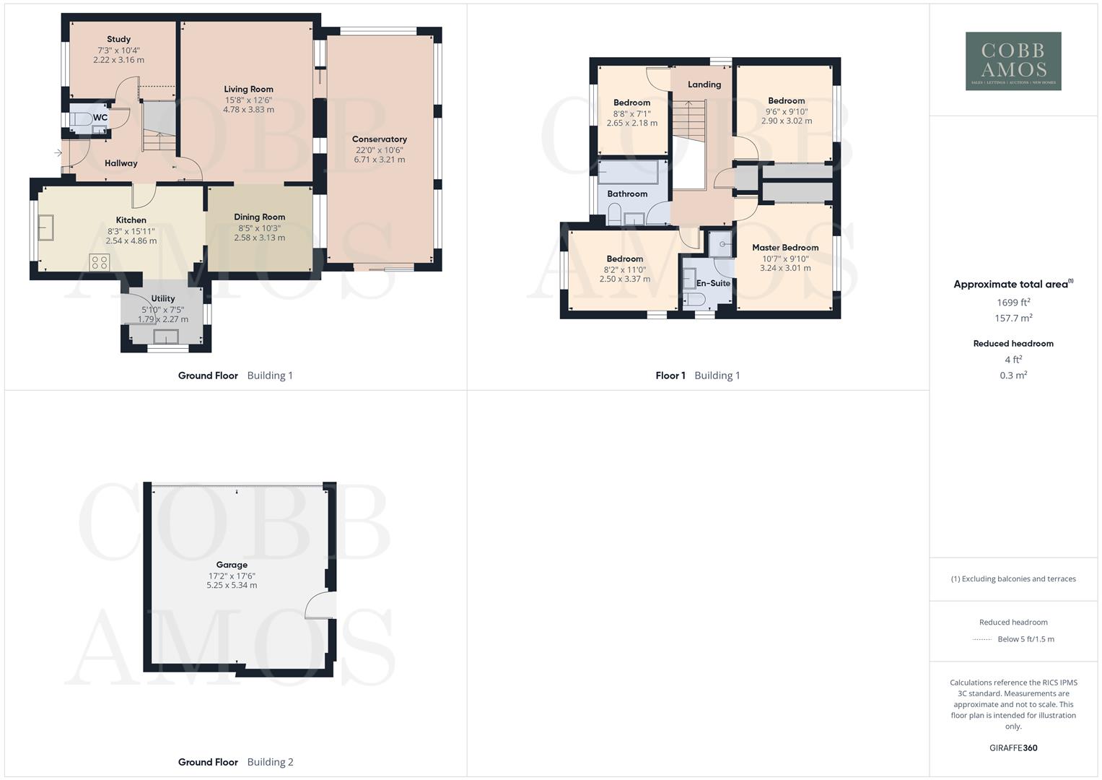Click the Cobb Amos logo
pyautogui.click(x=1013, y=61)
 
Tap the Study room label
pyautogui.click(x=118, y=40)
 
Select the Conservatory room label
pyautogui.click(x=379, y=139)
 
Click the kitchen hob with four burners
pyautogui.click(x=100, y=262)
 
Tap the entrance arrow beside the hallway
pyautogui.click(x=58, y=153)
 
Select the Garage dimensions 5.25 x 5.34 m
pyautogui.click(x=232, y=586)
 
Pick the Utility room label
pyautogui.click(x=163, y=298)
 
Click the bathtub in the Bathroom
pyautogui.click(x=628, y=173)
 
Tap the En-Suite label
pyautogui.click(x=712, y=283)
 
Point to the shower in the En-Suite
pyautogui.click(x=720, y=244)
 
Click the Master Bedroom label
pyautogui.click(x=785, y=248)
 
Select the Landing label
pyautogui.click(x=704, y=84)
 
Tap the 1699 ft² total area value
pyautogui.click(x=1013, y=303)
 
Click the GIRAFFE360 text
pyautogui.click(x=1013, y=748)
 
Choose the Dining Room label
pyautogui.click(x=259, y=217)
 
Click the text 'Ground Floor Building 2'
pyautogui.click(x=235, y=762)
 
